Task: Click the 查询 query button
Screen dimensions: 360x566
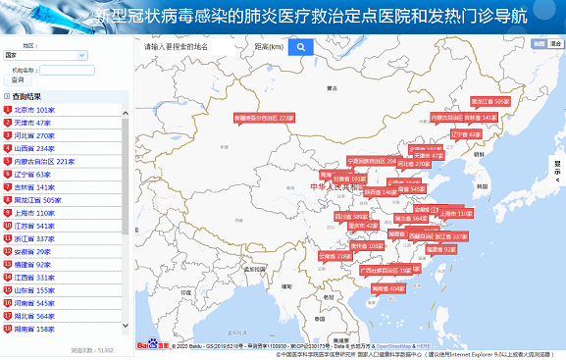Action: [x=18, y=80]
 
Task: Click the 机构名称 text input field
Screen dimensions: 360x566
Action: [x=68, y=71]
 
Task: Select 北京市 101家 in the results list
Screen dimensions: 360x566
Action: [x=34, y=110]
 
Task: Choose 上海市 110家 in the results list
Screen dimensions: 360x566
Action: [x=35, y=213]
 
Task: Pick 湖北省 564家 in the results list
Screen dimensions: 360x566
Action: [x=35, y=316]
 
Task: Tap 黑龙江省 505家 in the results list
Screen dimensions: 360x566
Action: [x=38, y=200]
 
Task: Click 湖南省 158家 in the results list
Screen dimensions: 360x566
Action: [x=35, y=329]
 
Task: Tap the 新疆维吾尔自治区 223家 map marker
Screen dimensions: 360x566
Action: [x=264, y=118]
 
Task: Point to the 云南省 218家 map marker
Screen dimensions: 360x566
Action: [x=335, y=256]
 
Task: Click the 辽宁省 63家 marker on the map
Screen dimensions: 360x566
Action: [x=466, y=134]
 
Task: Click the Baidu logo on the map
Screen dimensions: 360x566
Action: [x=147, y=345]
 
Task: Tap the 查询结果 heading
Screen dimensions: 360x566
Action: [x=26, y=96]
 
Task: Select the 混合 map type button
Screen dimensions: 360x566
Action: [x=555, y=44]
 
